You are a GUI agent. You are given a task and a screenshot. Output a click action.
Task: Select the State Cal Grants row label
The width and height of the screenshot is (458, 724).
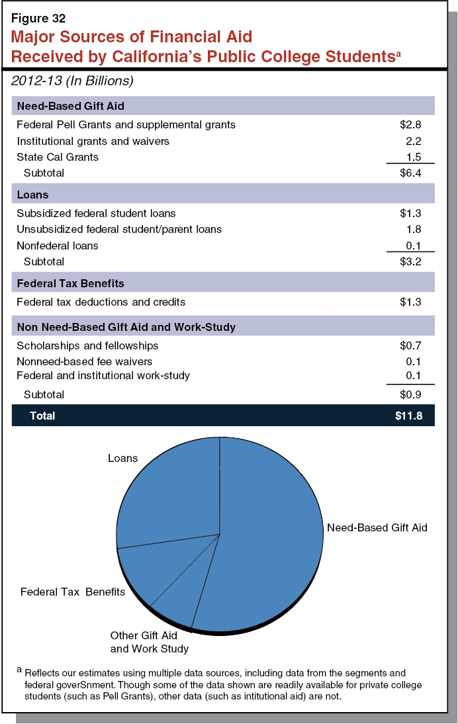coord(58,157)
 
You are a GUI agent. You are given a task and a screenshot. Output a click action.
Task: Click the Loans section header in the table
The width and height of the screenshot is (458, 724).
coord(33,195)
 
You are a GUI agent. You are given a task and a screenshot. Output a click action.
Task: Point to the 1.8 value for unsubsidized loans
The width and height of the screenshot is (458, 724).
coord(414,229)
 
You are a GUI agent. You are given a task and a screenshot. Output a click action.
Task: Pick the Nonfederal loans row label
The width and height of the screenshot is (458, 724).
coord(58,246)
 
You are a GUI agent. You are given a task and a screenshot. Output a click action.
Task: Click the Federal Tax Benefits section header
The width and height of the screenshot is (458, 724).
coord(71,283)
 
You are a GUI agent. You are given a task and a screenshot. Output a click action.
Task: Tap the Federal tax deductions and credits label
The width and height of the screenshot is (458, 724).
coord(101,302)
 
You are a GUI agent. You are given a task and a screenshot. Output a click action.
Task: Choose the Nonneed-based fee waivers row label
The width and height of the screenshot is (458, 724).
coord(85,361)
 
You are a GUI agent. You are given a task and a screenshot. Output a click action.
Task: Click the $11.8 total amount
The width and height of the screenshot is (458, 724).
coord(408,416)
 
